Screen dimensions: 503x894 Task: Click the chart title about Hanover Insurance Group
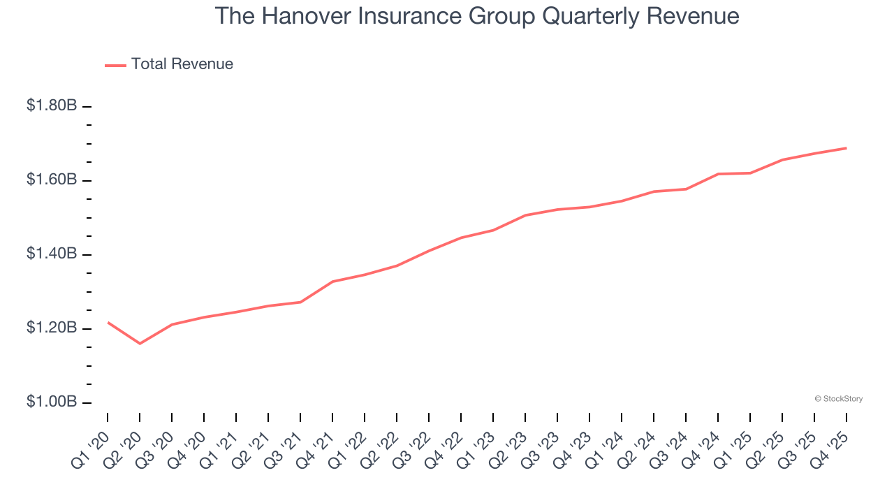[x=477, y=16]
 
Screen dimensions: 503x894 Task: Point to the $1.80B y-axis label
[x=52, y=106]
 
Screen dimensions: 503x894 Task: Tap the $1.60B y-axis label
[x=52, y=180]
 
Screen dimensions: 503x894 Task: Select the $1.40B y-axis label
[x=52, y=254]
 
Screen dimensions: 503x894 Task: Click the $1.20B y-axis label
[x=52, y=328]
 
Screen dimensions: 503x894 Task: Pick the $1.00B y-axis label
[x=52, y=402]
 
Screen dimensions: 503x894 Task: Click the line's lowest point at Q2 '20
[x=140, y=344]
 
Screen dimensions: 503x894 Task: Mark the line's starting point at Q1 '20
[x=108, y=322]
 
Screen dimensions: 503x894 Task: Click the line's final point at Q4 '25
[x=847, y=148]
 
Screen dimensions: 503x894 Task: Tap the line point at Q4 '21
[x=332, y=282]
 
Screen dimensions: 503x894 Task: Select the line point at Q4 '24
[x=718, y=174]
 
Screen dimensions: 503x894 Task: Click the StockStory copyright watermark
[x=838, y=399]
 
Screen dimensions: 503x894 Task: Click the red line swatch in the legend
[x=115, y=65]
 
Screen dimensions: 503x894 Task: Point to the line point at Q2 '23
[x=525, y=215]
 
